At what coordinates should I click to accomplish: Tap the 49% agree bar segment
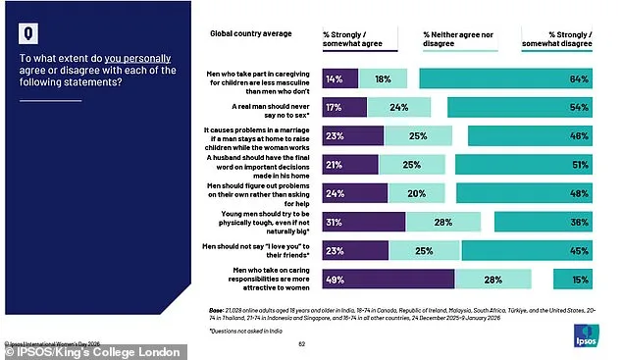388,280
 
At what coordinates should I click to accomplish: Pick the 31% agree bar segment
363,223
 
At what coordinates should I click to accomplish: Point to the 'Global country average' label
250,33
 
